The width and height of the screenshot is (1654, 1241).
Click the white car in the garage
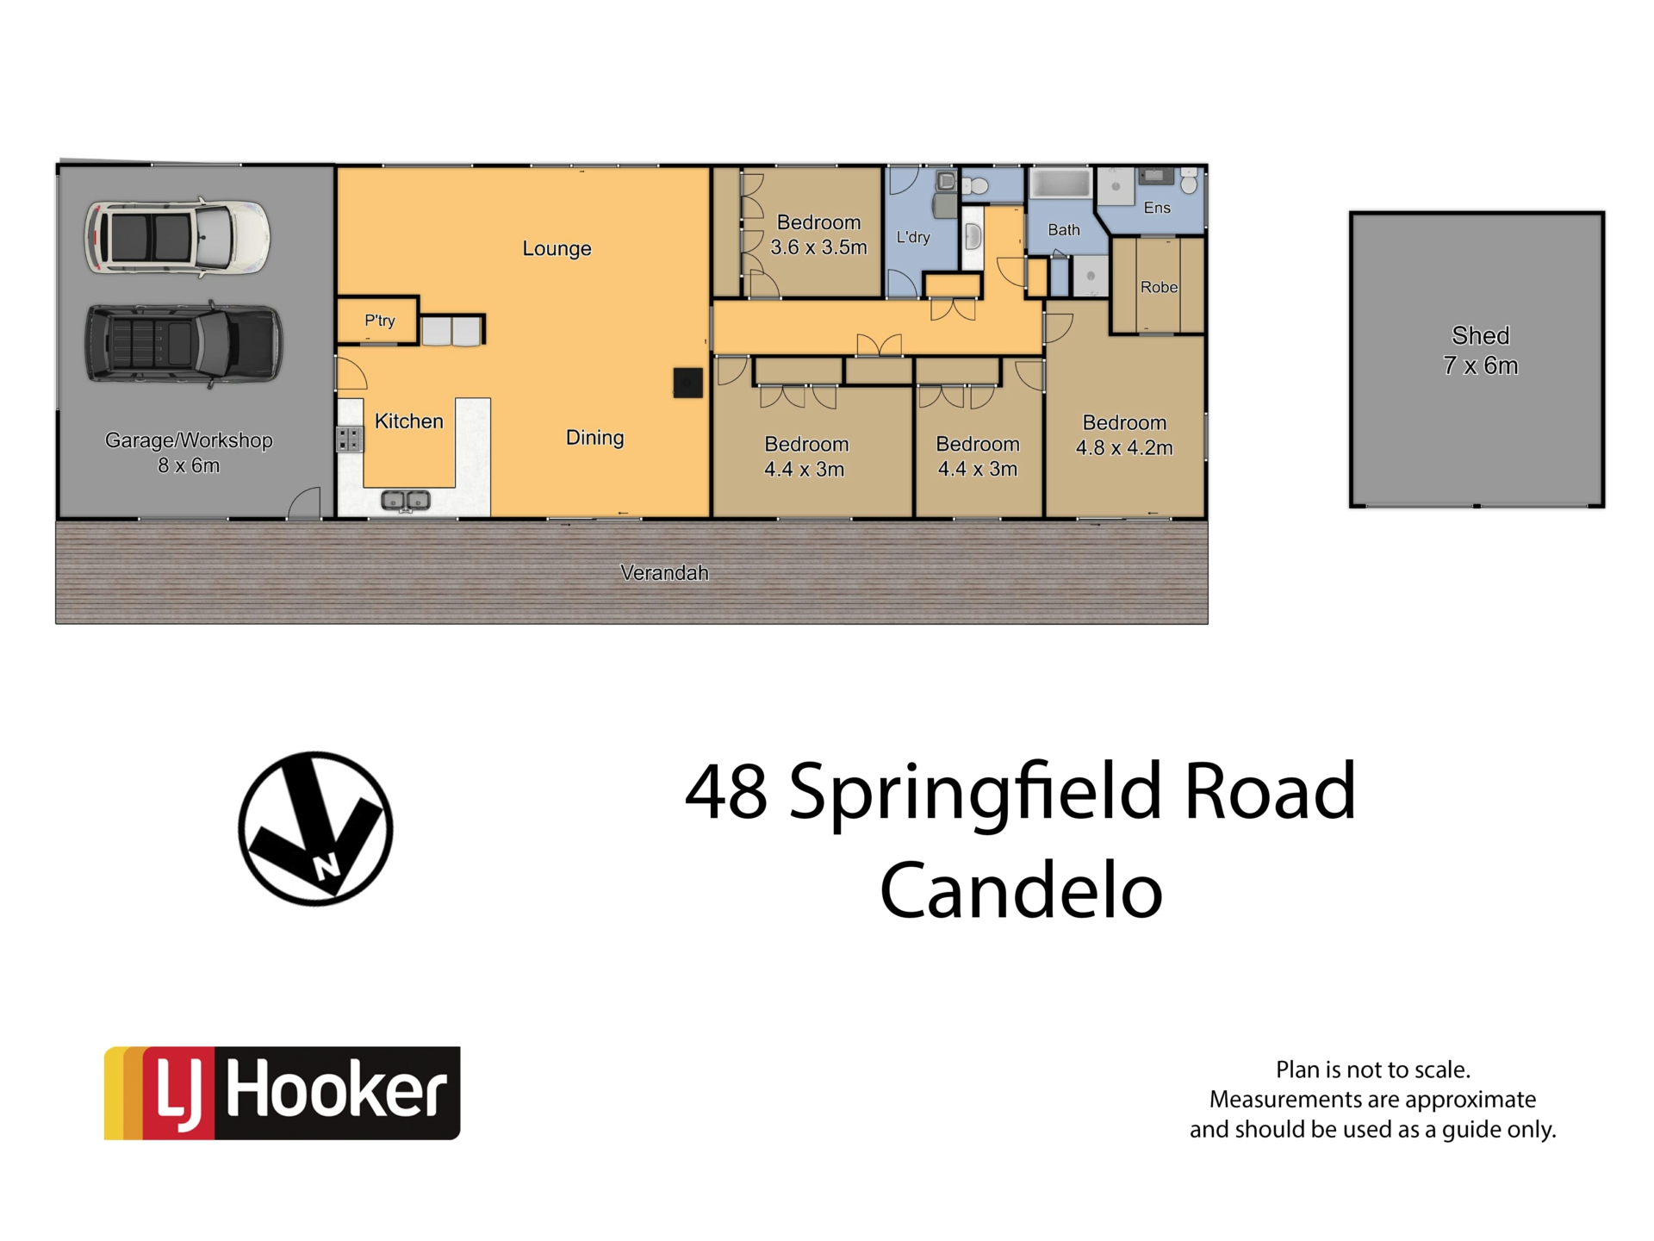[x=177, y=236]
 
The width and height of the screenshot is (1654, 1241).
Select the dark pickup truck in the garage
[x=183, y=342]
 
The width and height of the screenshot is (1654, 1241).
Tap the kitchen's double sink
[x=406, y=500]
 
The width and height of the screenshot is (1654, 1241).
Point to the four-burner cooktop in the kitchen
[x=349, y=439]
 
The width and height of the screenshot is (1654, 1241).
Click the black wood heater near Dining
[x=687, y=383]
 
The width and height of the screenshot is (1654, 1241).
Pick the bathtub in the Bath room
[x=1060, y=184]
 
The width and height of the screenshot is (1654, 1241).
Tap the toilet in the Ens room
[x=1189, y=181]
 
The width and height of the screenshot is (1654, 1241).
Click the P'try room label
[x=379, y=321]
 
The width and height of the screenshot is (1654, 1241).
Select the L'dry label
[x=913, y=237]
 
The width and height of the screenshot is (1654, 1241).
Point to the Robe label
[x=1159, y=287]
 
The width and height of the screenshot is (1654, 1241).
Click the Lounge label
[x=557, y=248]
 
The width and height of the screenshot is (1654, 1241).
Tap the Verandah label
[x=664, y=572]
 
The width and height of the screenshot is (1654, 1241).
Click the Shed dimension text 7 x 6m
[x=1481, y=365]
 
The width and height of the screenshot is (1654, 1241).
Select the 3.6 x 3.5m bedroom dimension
[x=818, y=247]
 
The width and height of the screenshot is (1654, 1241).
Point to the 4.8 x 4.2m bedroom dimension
[x=1124, y=447]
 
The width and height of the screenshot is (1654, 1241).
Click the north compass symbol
[x=315, y=828]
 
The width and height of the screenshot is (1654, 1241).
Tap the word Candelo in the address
[x=1021, y=890]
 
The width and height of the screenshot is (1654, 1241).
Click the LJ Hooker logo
[x=282, y=1093]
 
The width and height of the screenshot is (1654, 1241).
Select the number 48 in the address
[x=725, y=791]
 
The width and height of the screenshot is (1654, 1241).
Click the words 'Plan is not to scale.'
[x=1372, y=1070]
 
